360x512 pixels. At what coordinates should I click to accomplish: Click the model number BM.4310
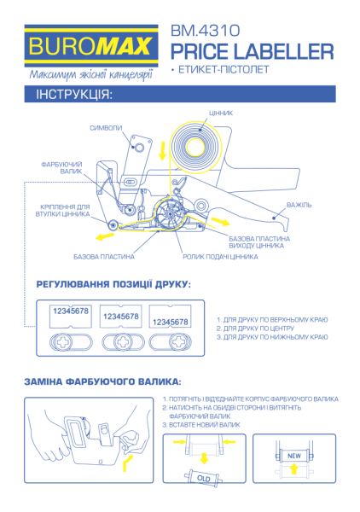[199, 29]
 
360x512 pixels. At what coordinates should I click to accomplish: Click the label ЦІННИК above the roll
[221, 113]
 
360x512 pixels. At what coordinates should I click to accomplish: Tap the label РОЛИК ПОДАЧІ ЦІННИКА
[220, 256]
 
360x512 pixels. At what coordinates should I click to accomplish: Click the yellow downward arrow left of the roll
[163, 151]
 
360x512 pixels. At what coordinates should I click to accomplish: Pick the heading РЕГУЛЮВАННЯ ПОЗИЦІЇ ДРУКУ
[113, 283]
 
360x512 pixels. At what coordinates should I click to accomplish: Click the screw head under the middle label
[119, 341]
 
